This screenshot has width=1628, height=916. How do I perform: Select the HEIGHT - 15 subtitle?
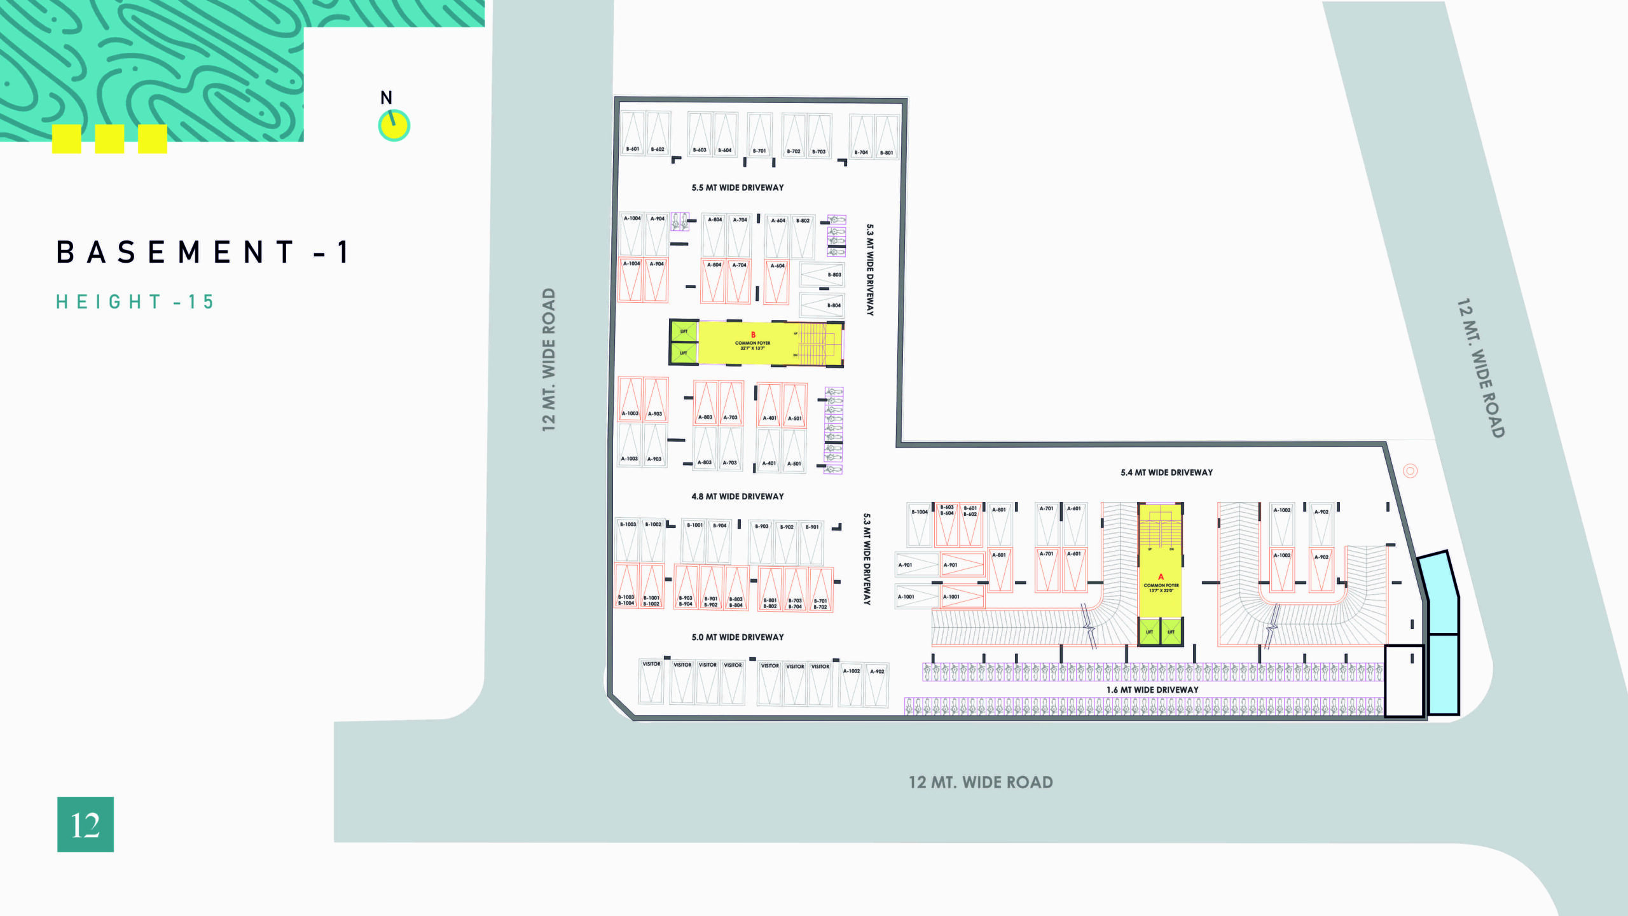tap(135, 302)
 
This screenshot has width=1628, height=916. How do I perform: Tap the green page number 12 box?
tap(85, 824)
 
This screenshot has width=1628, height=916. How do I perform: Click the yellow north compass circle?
tap(394, 126)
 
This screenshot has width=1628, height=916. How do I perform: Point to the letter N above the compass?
tap(386, 98)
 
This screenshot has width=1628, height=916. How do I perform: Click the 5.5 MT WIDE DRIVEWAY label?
tap(738, 188)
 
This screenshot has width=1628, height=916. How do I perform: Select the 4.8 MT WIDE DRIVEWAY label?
tap(738, 496)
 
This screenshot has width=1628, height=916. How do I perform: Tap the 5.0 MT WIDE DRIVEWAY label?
tap(738, 637)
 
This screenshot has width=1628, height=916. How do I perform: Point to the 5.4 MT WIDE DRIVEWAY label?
tap(1166, 473)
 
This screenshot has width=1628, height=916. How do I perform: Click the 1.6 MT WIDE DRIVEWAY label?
tap(1152, 690)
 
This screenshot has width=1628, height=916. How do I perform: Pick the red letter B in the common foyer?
tap(753, 335)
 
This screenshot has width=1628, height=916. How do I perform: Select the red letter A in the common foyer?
tap(1161, 576)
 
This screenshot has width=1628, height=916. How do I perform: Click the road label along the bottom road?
tap(981, 782)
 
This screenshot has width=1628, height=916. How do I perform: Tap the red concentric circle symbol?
tap(1411, 471)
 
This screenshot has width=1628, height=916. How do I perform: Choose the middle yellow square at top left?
tap(109, 139)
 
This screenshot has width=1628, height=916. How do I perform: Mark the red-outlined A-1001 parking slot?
tap(962, 597)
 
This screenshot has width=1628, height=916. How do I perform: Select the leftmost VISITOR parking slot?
tap(651, 681)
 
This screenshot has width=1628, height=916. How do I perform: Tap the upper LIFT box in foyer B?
tap(684, 331)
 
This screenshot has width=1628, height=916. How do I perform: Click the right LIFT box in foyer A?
tap(1171, 632)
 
